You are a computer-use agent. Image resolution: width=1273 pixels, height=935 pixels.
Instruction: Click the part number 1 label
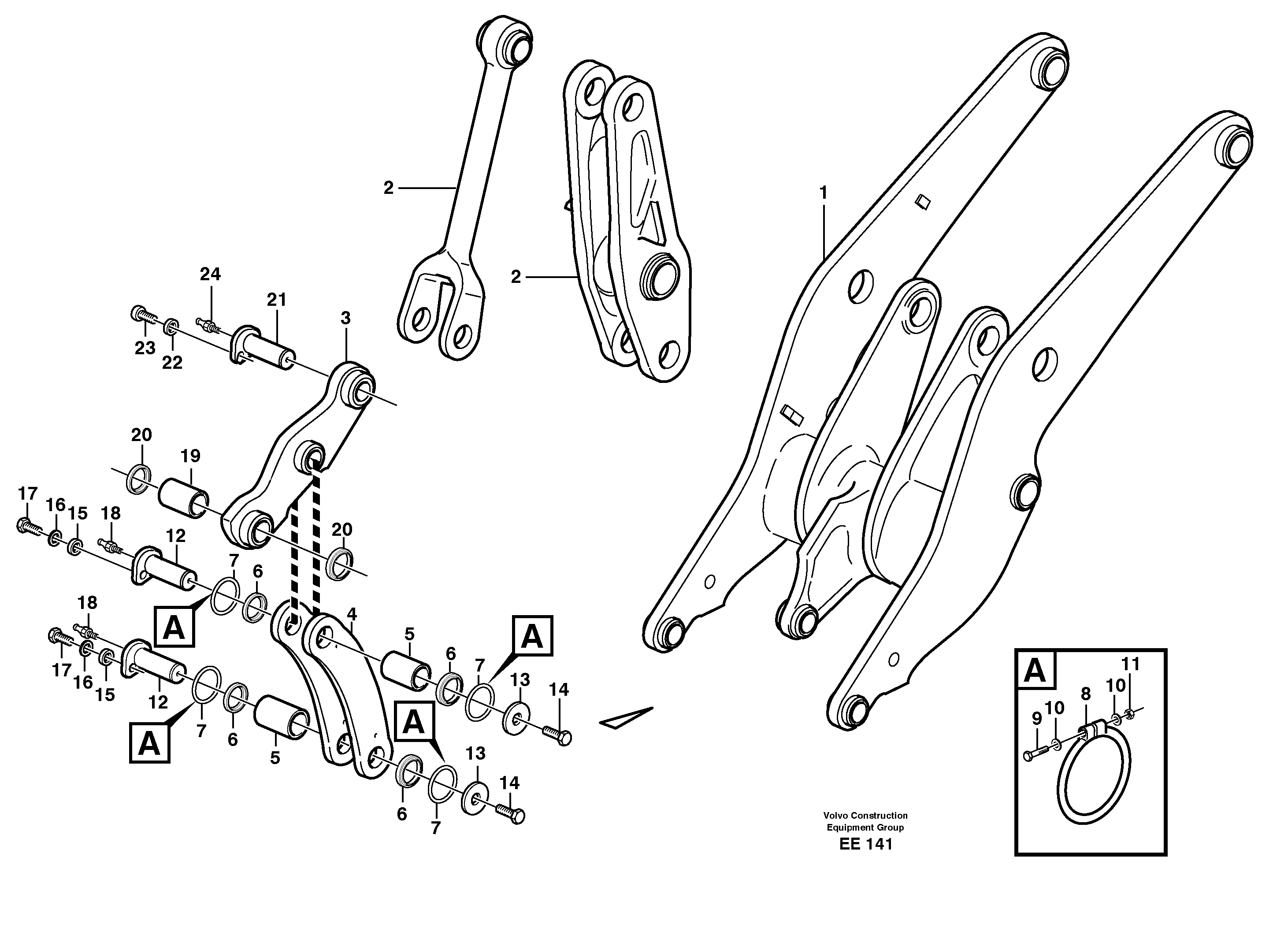click(823, 193)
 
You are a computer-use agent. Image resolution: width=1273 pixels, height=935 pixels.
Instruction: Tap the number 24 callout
click(210, 274)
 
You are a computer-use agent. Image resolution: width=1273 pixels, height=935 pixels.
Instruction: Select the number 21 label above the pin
click(276, 300)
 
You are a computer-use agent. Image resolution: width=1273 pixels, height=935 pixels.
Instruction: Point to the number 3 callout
click(345, 318)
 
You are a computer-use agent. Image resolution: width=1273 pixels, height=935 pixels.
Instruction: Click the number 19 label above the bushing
click(190, 456)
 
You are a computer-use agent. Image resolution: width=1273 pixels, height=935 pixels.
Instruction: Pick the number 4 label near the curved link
click(352, 613)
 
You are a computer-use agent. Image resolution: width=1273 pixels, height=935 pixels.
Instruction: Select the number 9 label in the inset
click(1036, 718)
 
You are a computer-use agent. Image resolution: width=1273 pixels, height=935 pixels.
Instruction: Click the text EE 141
click(865, 860)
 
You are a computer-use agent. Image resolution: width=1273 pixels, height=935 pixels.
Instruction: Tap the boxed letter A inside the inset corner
click(1035, 671)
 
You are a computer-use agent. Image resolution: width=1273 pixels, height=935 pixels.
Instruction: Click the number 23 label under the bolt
click(145, 348)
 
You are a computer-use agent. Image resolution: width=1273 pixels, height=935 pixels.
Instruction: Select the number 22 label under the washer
click(172, 362)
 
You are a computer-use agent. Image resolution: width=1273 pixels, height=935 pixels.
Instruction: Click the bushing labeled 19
click(182, 498)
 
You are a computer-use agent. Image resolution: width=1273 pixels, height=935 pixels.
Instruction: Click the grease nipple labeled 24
click(208, 326)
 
